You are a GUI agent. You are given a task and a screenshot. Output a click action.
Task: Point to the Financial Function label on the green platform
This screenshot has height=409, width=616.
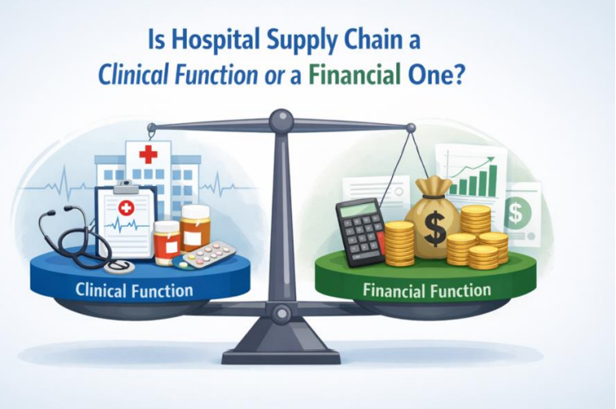[x=427, y=291]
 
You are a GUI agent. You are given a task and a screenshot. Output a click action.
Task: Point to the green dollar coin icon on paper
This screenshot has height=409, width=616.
[x=517, y=213]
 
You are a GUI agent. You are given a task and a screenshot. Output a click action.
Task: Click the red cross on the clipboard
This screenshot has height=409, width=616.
[x=127, y=208]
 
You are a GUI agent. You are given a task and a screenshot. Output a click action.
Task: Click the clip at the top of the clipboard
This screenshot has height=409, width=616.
[x=126, y=186]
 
